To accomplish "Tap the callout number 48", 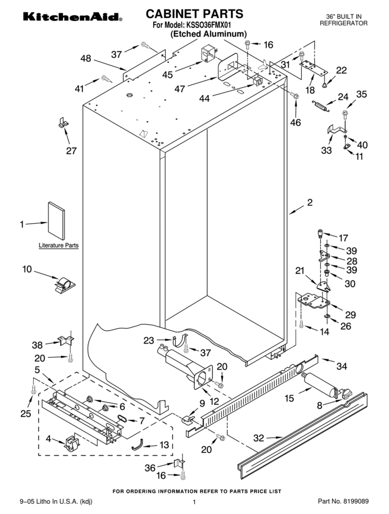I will tap(86, 58).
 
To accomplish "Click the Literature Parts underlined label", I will tap(58, 245).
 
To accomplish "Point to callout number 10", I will tap(27, 269).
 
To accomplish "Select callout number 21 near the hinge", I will tap(300, 271).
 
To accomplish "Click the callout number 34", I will tap(341, 366).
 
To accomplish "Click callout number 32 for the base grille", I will tap(259, 438).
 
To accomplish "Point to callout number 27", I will tap(71, 151).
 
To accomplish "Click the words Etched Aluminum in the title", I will tap(208, 34).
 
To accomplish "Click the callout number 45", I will tap(168, 75).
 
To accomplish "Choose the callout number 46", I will tap(295, 122).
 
